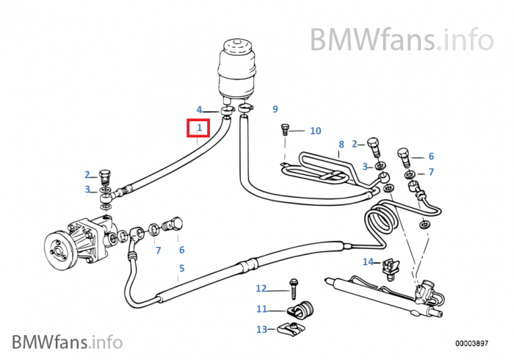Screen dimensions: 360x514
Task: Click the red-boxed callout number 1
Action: pos(198,129)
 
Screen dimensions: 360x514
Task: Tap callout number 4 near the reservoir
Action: pos(198,110)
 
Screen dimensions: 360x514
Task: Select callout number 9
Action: pos(275,109)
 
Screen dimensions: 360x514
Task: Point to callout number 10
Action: pos(315,131)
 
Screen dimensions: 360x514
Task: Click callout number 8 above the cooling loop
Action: pos(341,144)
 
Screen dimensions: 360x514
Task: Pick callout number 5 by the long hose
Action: pos(181,268)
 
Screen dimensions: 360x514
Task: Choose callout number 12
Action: pos(261,288)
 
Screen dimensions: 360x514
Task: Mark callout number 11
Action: pos(261,309)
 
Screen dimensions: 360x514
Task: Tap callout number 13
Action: pos(261,329)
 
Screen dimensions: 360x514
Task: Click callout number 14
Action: pos(368,262)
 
